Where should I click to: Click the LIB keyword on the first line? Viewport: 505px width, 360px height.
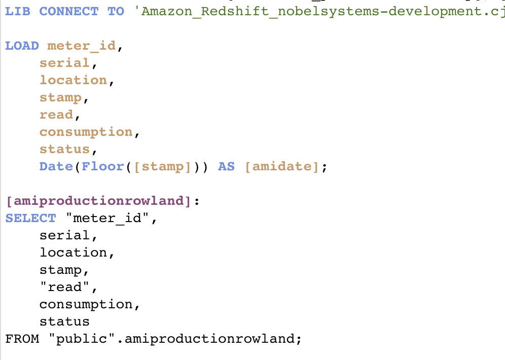click(x=18, y=11)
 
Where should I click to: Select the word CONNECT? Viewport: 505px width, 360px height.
click(x=69, y=11)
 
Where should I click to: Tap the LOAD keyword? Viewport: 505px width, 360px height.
click(x=22, y=46)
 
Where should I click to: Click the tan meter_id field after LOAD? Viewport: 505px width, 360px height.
click(x=81, y=46)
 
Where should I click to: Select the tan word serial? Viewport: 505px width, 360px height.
click(x=64, y=63)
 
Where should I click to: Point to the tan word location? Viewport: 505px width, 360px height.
click(x=73, y=80)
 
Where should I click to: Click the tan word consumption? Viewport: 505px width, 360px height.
click(x=86, y=132)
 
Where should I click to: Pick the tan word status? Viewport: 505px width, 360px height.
click(x=64, y=149)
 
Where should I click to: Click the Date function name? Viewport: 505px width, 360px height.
click(x=56, y=166)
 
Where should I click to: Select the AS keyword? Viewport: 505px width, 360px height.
click(x=226, y=166)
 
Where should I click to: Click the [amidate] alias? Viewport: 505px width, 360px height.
click(x=282, y=166)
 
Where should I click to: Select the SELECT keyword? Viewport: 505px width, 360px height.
click(x=30, y=218)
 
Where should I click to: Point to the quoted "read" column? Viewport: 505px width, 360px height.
click(x=64, y=287)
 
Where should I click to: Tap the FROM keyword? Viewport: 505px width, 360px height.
click(x=22, y=339)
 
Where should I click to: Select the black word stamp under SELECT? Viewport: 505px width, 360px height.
click(x=60, y=270)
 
